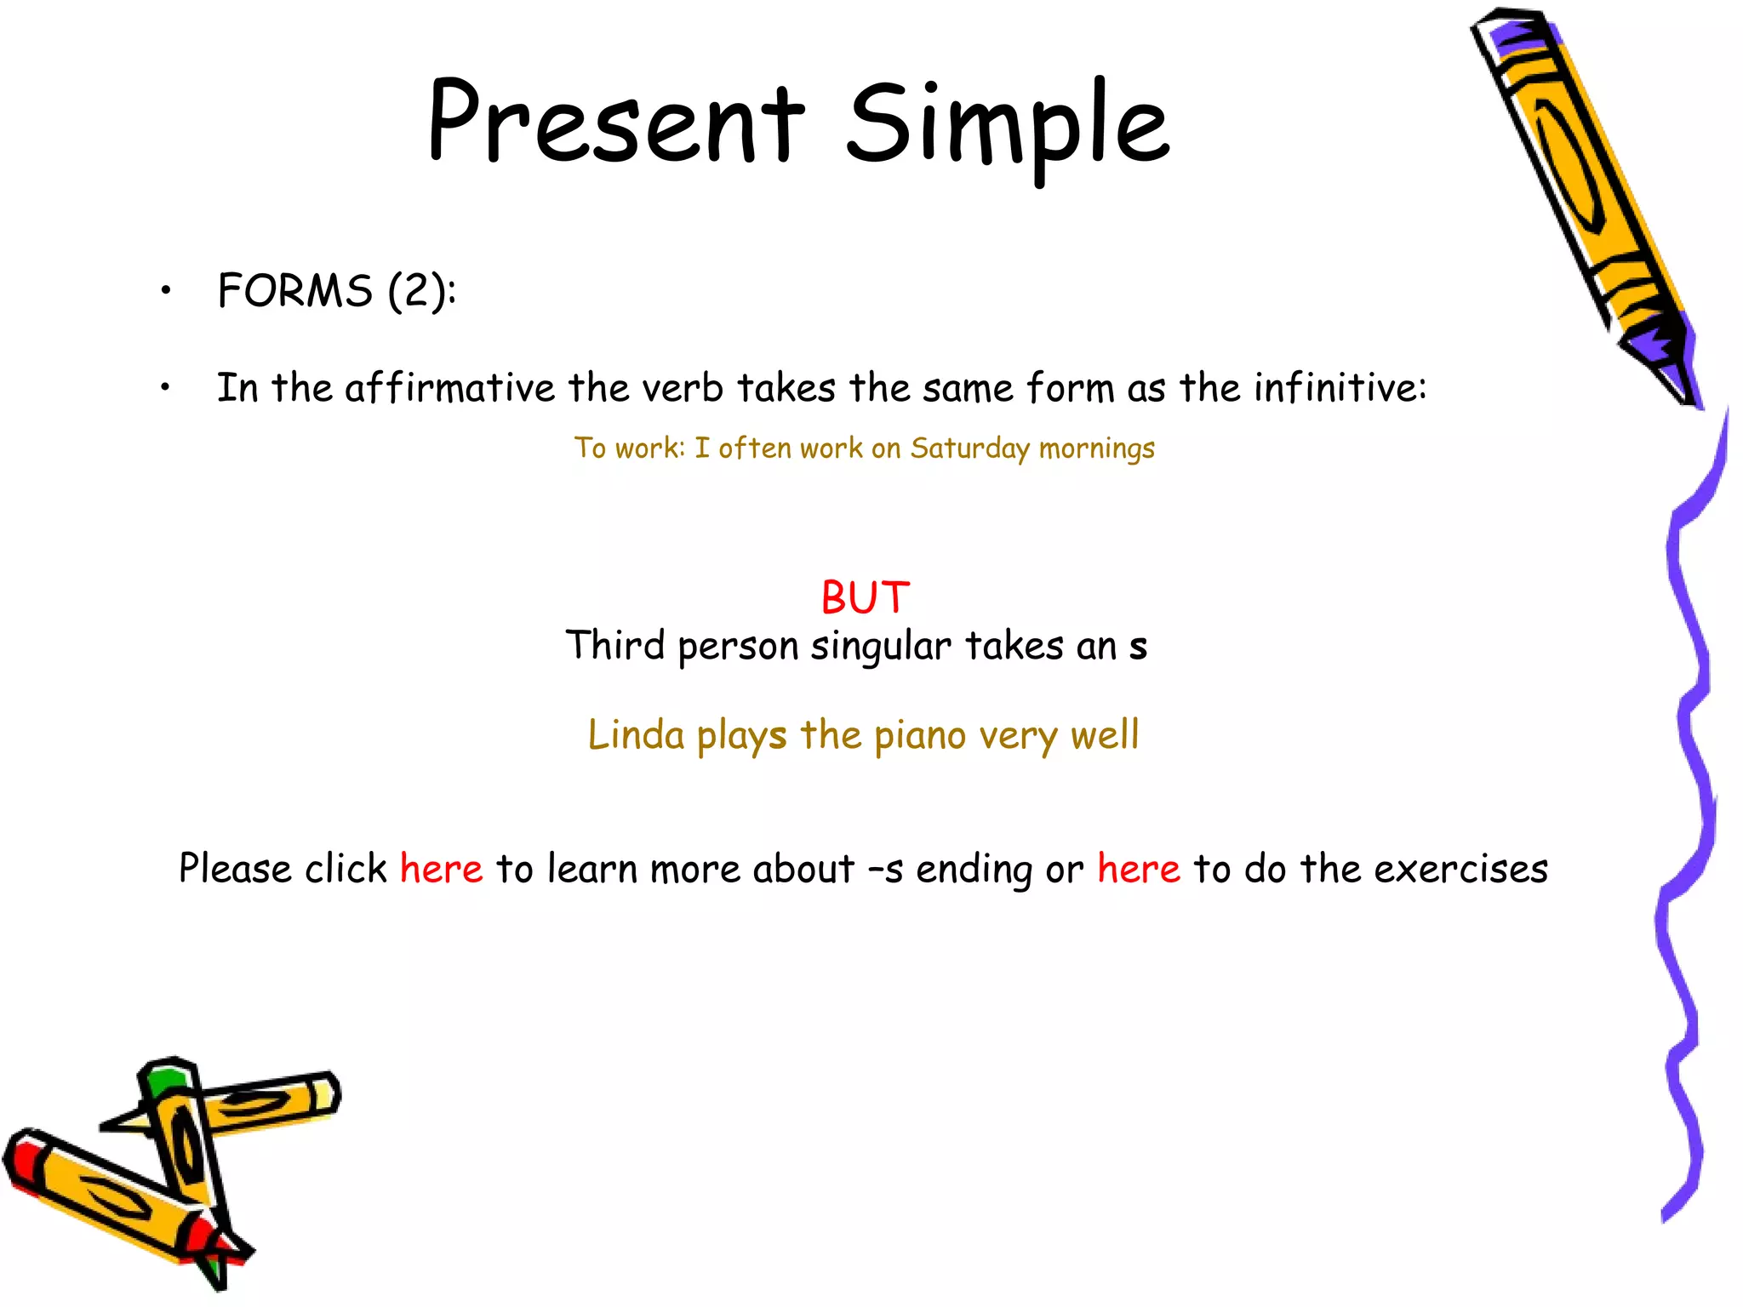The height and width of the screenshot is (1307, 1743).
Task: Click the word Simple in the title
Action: (1008, 128)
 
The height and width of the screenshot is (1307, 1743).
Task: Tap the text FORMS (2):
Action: (336, 291)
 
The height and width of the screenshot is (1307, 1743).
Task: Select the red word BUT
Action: (865, 597)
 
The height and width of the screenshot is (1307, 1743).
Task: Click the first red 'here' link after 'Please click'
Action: (441, 869)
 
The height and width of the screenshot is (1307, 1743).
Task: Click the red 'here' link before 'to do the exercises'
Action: (1138, 869)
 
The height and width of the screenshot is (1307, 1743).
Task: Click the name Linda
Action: (636, 734)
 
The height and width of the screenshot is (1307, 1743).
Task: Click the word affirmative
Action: (449, 388)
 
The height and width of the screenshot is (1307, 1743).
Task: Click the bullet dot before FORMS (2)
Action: (166, 292)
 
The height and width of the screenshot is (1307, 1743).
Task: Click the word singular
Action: (881, 647)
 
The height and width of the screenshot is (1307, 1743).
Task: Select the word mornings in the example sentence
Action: (1096, 449)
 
